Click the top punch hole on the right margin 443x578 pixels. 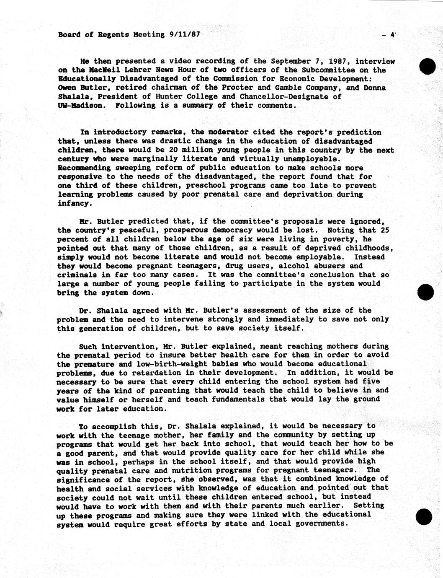pyautogui.click(x=427, y=66)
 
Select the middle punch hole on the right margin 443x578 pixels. pyautogui.click(x=426, y=292)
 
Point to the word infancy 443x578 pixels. pyautogui.click(x=73, y=203)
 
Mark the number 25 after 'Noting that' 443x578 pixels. pyautogui.click(x=385, y=230)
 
